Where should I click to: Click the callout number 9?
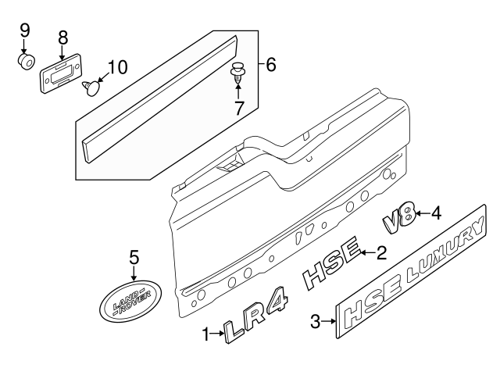click(24, 31)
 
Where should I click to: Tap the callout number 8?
click(62, 36)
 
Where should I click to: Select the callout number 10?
click(116, 67)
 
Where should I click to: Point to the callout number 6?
click(271, 64)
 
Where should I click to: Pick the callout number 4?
click(436, 212)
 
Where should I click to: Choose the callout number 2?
click(381, 252)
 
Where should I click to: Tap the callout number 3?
click(315, 321)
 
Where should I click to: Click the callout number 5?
click(134, 257)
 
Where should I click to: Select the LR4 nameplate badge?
click(252, 324)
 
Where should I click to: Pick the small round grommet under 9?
click(27, 61)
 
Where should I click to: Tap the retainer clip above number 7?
click(237, 75)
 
